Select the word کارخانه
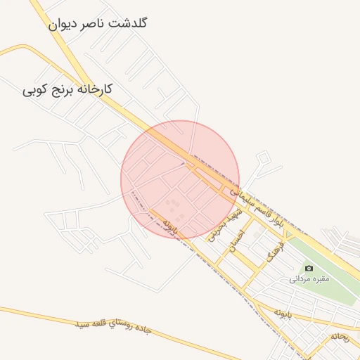(96, 91)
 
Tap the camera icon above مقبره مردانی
(309, 268)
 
